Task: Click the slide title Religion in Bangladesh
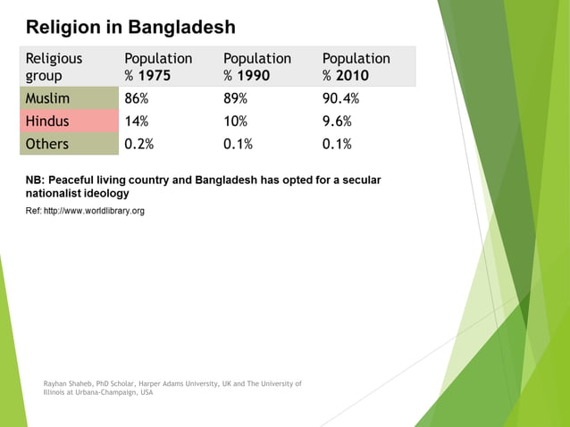[130, 27]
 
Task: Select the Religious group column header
[54, 67]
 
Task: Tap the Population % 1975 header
[158, 67]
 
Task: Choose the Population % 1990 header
[257, 67]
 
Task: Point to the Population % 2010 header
[356, 67]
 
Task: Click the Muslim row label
[47, 98]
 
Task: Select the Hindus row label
[47, 121]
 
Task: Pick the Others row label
[46, 144]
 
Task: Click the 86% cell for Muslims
[137, 98]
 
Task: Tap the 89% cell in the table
[236, 98]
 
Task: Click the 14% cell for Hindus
[137, 121]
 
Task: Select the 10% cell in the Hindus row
[236, 121]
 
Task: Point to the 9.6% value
[337, 121]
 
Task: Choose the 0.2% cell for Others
[139, 144]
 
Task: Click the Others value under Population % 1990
[239, 144]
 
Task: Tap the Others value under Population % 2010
[337, 144]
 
